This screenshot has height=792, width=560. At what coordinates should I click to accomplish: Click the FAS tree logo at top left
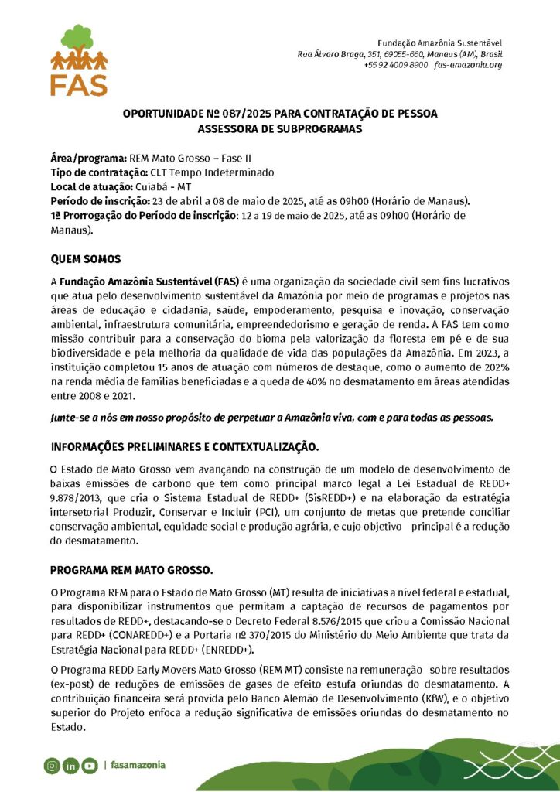(x=78, y=60)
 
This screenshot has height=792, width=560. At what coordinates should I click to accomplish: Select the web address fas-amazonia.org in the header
(x=469, y=65)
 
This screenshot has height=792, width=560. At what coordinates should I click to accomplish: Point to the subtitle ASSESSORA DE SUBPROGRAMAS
(x=280, y=129)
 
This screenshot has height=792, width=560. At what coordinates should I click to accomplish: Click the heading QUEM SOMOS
(x=85, y=258)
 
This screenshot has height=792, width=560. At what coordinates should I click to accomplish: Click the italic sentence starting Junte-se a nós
(x=271, y=418)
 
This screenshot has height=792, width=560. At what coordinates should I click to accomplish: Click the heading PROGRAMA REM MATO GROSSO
(x=131, y=571)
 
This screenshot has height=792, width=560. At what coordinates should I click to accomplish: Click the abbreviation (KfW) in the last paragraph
(x=442, y=701)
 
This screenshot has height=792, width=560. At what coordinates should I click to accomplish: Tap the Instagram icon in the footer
(x=51, y=766)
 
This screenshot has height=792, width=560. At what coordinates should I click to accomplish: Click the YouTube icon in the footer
(x=90, y=766)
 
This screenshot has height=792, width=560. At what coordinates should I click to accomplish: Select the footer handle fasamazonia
(x=138, y=766)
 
